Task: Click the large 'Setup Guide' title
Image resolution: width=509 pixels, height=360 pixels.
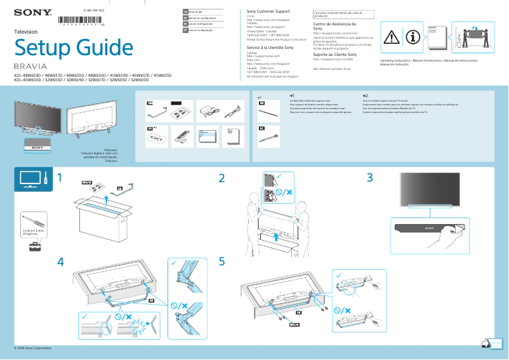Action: [75, 47]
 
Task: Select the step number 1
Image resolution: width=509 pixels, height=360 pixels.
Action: [60, 179]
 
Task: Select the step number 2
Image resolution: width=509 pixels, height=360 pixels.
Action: [222, 179]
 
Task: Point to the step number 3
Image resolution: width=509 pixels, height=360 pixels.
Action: [369, 178]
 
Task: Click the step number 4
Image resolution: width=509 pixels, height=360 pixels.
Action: [60, 262]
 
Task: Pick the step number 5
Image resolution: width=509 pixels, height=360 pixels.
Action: [222, 262]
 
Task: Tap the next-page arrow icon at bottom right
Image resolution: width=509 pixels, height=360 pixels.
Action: [487, 343]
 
